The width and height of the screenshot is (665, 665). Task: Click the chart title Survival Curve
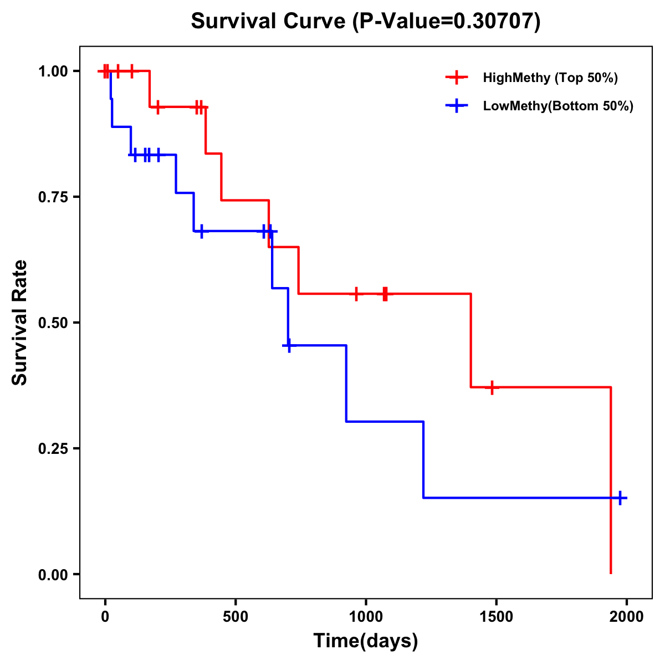pyautogui.click(x=270, y=22)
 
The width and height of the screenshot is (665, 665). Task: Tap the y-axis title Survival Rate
pyautogui.click(x=21, y=322)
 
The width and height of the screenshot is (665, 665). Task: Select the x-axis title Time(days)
pyautogui.click(x=366, y=641)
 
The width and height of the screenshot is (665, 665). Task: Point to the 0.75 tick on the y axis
pyautogui.click(x=53, y=197)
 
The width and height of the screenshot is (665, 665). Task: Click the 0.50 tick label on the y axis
pyautogui.click(x=53, y=323)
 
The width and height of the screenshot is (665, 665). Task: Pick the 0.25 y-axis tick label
pyautogui.click(x=53, y=448)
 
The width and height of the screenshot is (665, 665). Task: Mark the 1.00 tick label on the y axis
pyautogui.click(x=53, y=71)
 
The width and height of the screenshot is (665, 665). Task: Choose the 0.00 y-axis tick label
pyautogui.click(x=53, y=575)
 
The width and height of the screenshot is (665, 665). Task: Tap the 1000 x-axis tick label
pyautogui.click(x=366, y=617)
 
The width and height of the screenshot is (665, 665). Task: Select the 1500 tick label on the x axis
pyautogui.click(x=496, y=617)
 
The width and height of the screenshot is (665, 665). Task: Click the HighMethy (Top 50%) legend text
pyautogui.click(x=550, y=78)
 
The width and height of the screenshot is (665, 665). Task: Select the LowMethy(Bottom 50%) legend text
pyautogui.click(x=558, y=106)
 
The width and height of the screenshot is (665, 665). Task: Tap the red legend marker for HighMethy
pyautogui.click(x=457, y=78)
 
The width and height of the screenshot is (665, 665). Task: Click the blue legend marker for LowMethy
pyautogui.click(x=457, y=106)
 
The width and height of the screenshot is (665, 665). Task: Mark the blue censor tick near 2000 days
pyautogui.click(x=620, y=498)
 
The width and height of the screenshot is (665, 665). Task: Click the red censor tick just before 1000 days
pyautogui.click(x=356, y=294)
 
